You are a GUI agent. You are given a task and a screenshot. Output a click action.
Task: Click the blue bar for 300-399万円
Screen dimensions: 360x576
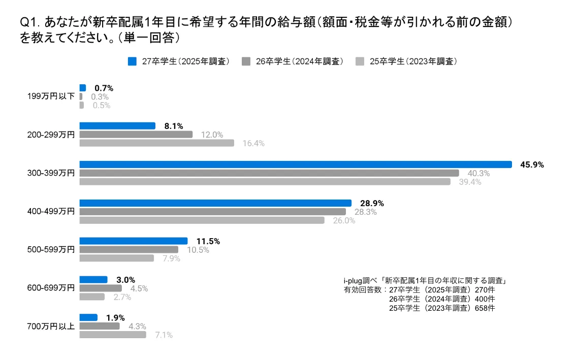coord(295,164)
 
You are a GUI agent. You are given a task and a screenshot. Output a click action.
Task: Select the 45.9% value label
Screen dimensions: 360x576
coord(532,165)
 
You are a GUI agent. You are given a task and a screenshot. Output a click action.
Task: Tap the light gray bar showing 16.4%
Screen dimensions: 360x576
coord(156,143)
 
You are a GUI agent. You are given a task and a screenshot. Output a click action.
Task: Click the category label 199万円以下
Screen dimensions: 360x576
coord(51,96)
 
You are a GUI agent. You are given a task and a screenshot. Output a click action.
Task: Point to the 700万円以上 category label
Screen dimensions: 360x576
coord(51,326)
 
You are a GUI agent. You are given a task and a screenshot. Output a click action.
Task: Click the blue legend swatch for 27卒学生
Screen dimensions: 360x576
coord(133,61)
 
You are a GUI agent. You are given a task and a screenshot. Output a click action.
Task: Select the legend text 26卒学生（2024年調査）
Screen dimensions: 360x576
coord(299,61)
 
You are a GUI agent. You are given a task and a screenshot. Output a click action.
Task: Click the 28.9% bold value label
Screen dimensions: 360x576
coord(372,203)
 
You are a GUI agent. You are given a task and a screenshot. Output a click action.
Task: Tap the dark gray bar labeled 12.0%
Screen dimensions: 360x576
coord(136,135)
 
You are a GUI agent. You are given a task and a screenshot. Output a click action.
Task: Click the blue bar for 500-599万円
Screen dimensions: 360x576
coord(133,241)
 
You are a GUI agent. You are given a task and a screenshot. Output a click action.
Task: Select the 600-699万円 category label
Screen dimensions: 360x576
coord(51,288)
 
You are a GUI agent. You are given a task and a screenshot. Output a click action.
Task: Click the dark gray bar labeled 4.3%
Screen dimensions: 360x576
coord(99,326)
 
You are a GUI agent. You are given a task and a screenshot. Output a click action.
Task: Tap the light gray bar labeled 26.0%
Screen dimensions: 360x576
coord(202,220)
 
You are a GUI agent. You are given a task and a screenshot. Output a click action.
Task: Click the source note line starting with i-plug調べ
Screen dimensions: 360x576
coord(427,280)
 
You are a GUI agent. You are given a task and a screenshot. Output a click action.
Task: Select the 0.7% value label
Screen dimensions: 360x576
coord(104,88)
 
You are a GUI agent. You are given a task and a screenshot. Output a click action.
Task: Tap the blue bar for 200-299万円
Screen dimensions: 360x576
coord(117,126)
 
